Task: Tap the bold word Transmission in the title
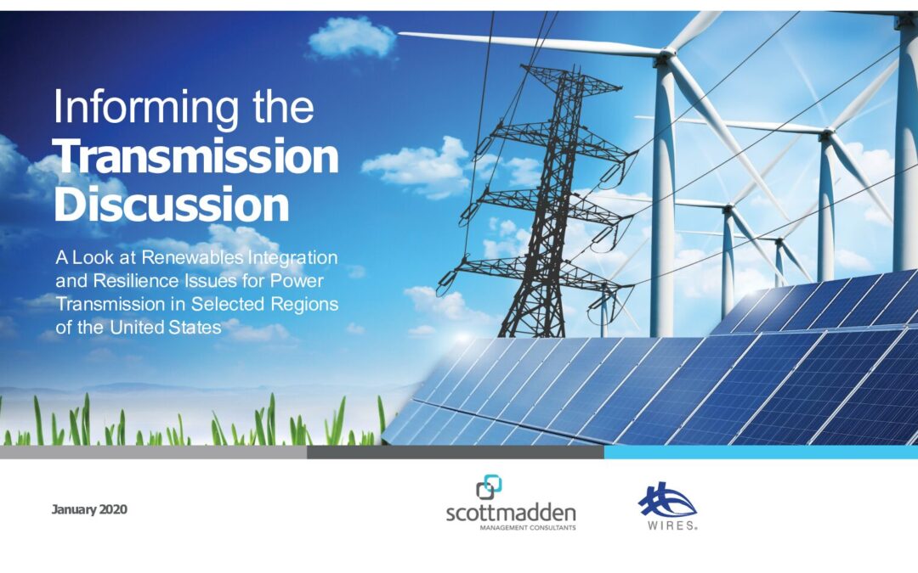coord(196,156)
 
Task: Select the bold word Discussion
coord(172,204)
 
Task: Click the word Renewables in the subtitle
coord(192,257)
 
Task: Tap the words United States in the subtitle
coord(166,328)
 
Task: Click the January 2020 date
coord(89,509)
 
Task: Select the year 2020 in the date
coord(112,509)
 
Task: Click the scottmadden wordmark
coord(511,514)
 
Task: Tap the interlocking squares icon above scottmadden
coord(489,487)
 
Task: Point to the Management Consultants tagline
coord(528,528)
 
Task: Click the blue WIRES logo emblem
coord(667,500)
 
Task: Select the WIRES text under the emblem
coord(671,525)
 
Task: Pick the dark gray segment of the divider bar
coord(456,452)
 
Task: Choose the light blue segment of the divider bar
coord(761,452)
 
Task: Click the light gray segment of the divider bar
coord(153,452)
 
